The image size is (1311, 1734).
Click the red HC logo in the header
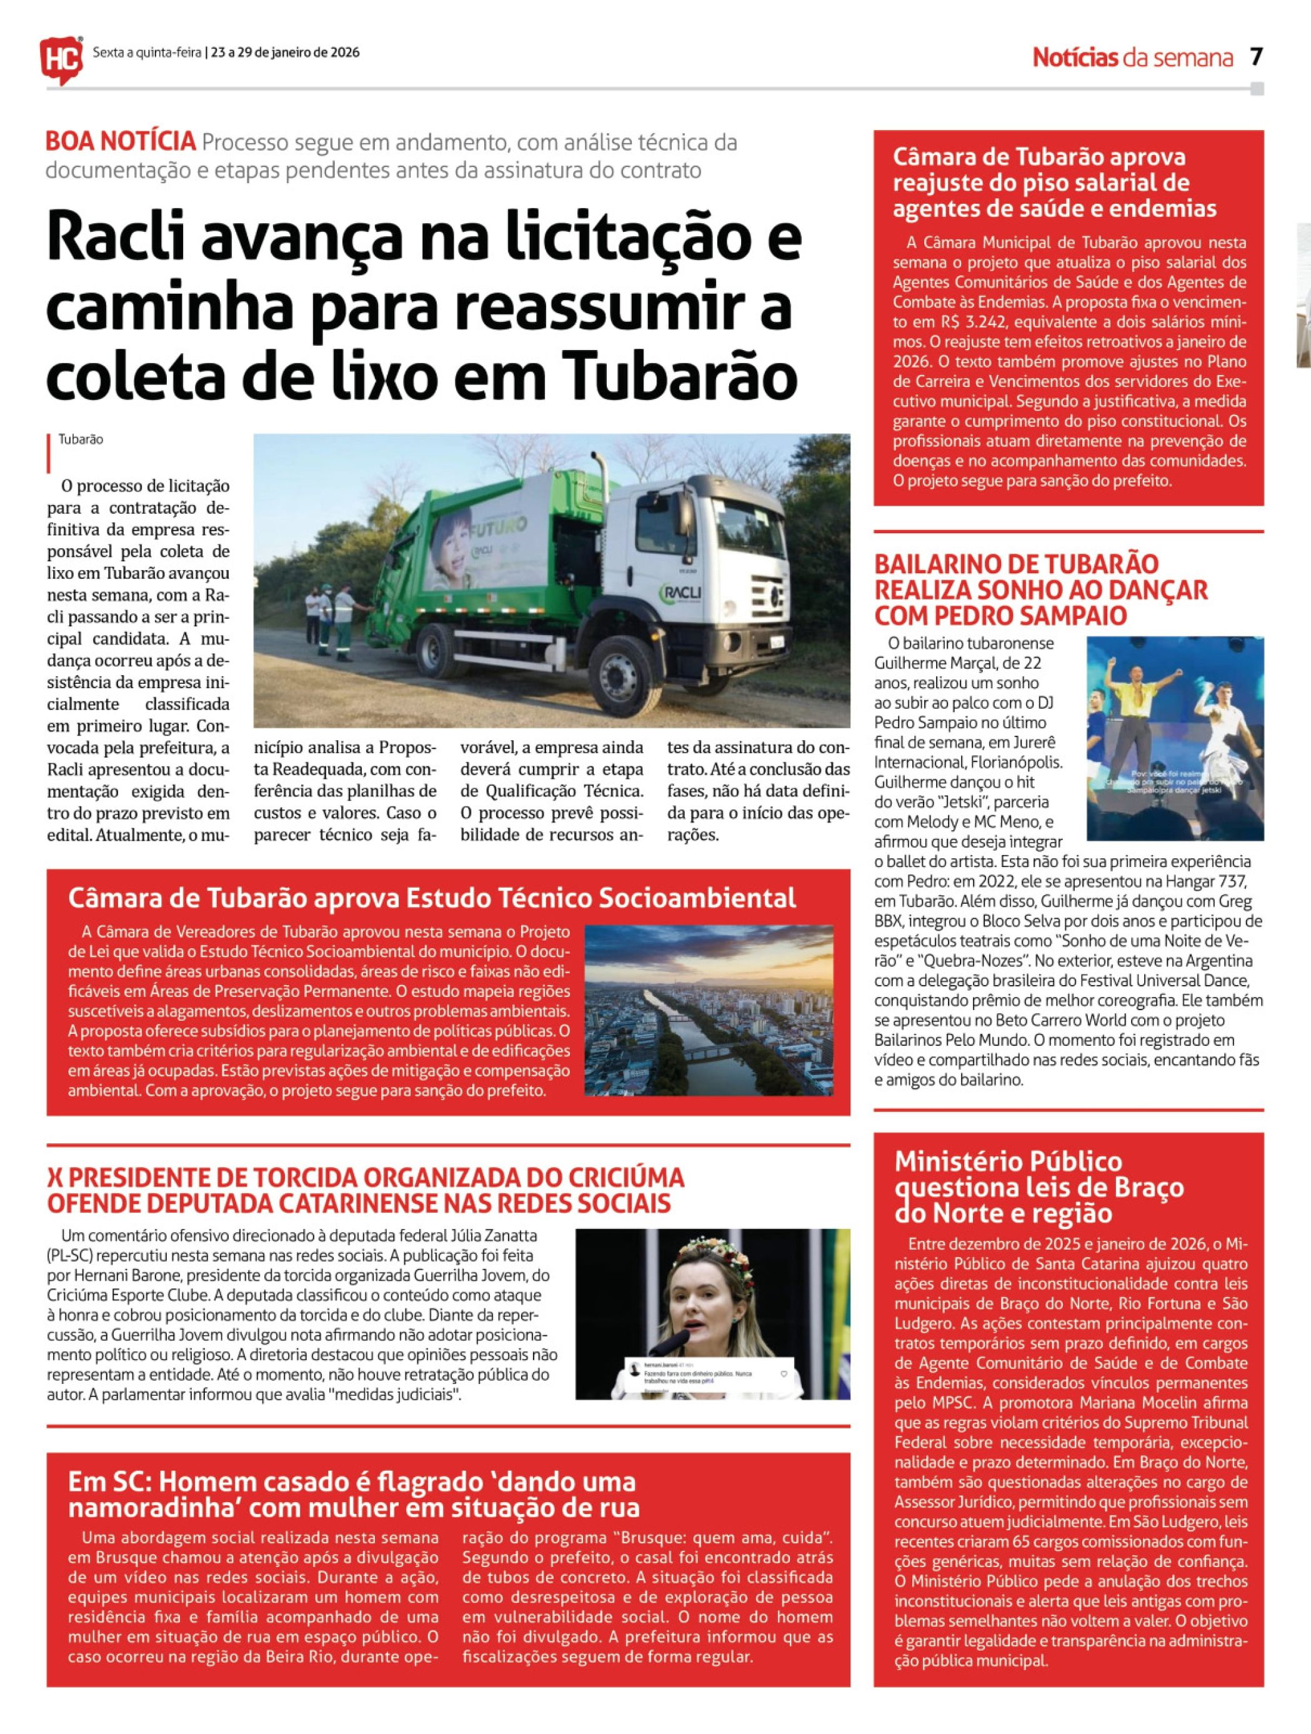point(61,59)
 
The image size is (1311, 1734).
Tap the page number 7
point(1256,56)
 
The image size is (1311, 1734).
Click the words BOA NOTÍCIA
point(120,141)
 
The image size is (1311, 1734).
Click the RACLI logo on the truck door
point(681,593)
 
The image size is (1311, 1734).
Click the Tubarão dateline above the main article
point(81,440)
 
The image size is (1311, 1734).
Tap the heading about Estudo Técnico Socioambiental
point(432,898)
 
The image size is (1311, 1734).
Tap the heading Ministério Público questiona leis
point(1039,1187)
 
